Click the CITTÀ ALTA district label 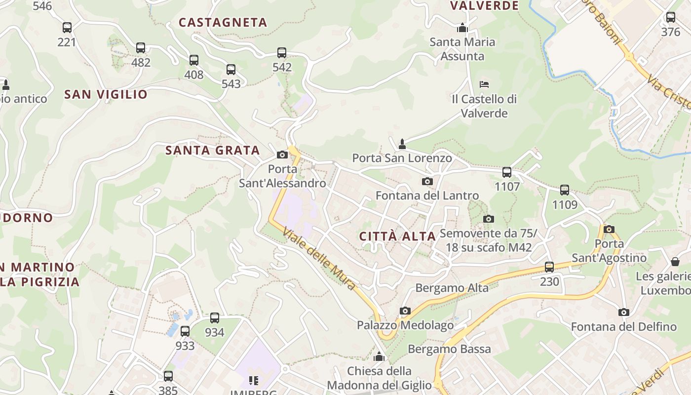(397, 237)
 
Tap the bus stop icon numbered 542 (282, 53)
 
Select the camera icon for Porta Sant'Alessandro (282, 155)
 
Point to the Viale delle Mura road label (319, 258)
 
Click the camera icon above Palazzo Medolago (405, 311)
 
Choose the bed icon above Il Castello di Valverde (484, 84)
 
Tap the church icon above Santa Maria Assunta (462, 28)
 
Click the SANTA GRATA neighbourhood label (212, 151)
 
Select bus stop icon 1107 (507, 172)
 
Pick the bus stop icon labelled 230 (549, 267)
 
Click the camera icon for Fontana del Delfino (624, 313)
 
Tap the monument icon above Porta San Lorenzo (402, 144)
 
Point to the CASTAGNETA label (223, 23)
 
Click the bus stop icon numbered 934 (215, 318)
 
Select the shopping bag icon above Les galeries (675, 262)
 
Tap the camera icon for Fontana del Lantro (427, 182)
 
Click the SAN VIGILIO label (106, 94)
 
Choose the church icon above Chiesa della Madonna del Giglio (379, 356)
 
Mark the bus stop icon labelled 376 (670, 18)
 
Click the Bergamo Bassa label (449, 350)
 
